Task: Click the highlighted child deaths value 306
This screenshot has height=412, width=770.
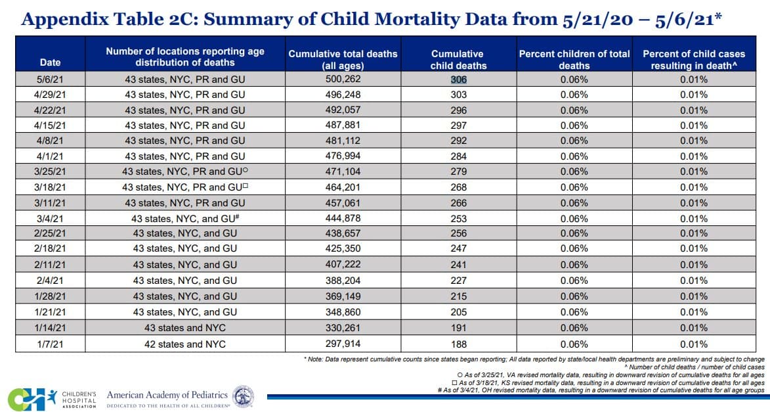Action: pyautogui.click(x=458, y=79)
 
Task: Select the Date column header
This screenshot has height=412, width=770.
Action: pyautogui.click(x=50, y=62)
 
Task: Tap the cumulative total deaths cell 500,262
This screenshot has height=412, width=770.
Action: pyautogui.click(x=343, y=79)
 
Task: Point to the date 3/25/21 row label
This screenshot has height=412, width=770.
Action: pyautogui.click(x=50, y=172)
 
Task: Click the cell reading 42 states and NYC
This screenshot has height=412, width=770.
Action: pyautogui.click(x=184, y=344)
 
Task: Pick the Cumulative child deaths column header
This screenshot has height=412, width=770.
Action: pyautogui.click(x=458, y=59)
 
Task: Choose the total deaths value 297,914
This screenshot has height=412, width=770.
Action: pyautogui.click(x=343, y=344)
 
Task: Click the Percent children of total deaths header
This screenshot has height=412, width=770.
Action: pyautogui.click(x=574, y=59)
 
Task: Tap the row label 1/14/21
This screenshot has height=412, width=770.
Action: pyautogui.click(x=50, y=328)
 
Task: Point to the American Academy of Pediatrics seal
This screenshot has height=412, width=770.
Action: pyautogui.click(x=244, y=396)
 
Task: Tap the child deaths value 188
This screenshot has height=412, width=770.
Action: pyautogui.click(x=458, y=344)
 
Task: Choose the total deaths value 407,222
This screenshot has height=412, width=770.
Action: pyautogui.click(x=343, y=265)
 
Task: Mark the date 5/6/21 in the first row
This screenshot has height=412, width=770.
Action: pyautogui.click(x=50, y=79)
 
